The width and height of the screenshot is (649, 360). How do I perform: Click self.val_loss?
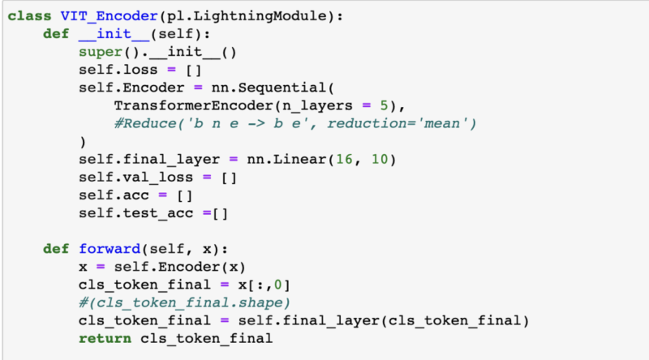[x=131, y=177]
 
